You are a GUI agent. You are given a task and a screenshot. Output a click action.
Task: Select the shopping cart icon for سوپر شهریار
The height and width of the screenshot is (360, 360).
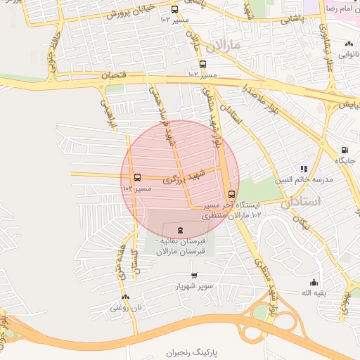click(194, 275)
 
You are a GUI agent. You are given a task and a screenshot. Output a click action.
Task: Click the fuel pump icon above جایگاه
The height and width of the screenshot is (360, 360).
click(344, 149)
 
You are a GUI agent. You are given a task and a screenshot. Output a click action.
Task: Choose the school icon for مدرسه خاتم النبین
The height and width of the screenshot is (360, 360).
click(303, 169)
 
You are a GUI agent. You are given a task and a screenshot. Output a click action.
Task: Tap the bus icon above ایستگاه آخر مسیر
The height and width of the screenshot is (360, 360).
click(231, 194)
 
